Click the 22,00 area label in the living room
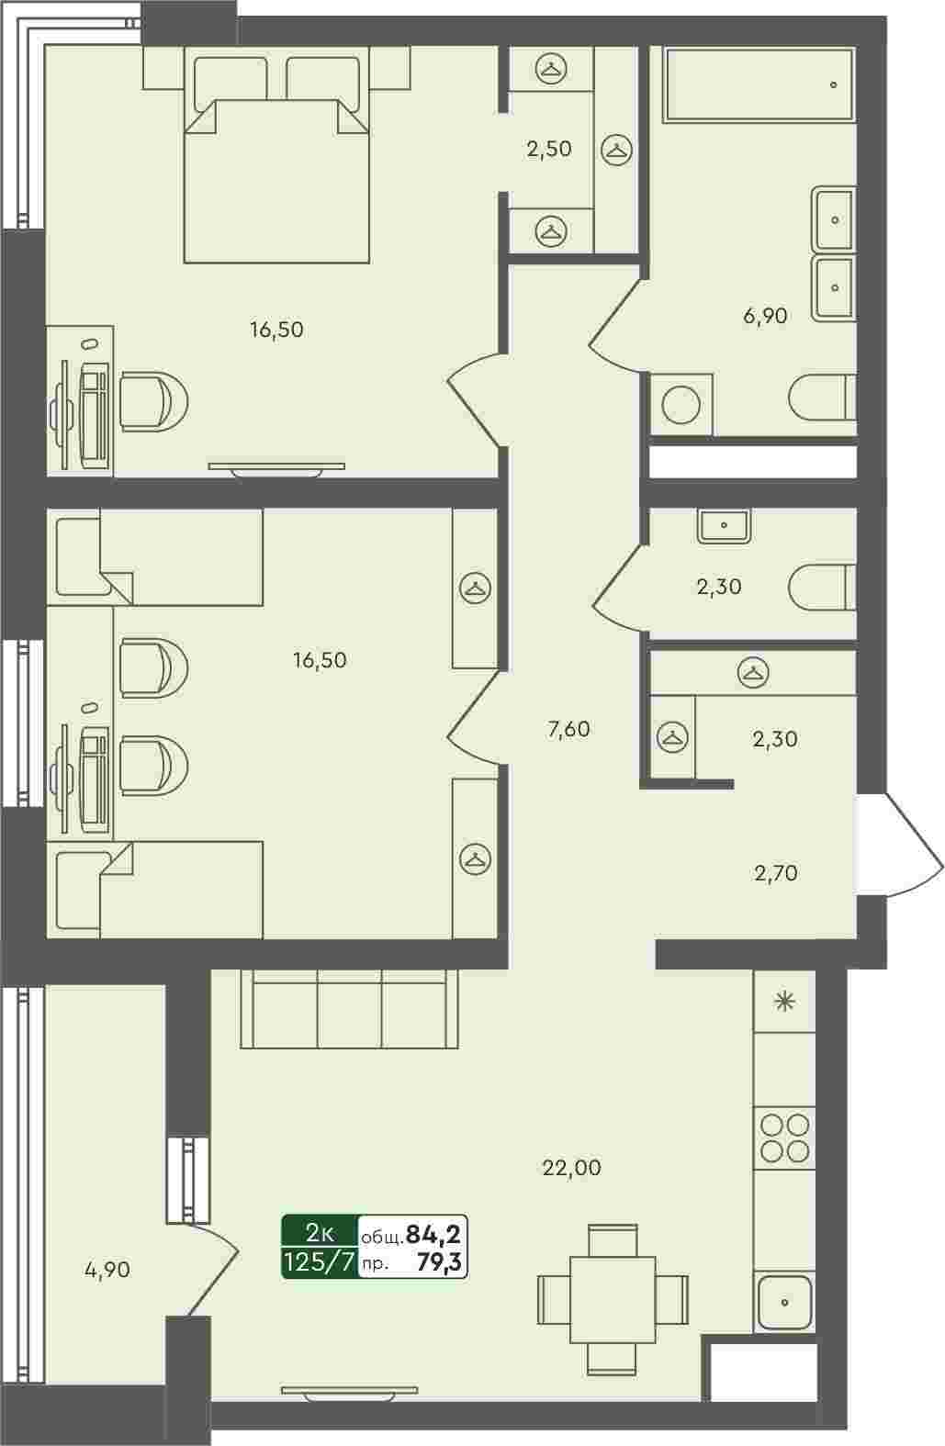click(571, 1168)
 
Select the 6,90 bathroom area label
click(765, 316)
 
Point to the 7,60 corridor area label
click(568, 729)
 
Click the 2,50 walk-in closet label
click(549, 149)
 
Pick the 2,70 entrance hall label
click(776, 873)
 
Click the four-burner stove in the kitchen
click(785, 1138)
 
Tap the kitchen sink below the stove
click(785, 1302)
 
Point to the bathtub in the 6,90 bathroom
click(759, 84)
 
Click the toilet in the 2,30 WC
click(822, 588)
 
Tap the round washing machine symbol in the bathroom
click(681, 405)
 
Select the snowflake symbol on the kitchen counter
click(785, 1002)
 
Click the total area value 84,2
click(433, 1234)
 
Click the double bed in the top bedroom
click(276, 160)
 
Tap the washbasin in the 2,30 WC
click(724, 525)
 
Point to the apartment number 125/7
click(320, 1262)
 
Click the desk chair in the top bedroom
click(153, 401)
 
